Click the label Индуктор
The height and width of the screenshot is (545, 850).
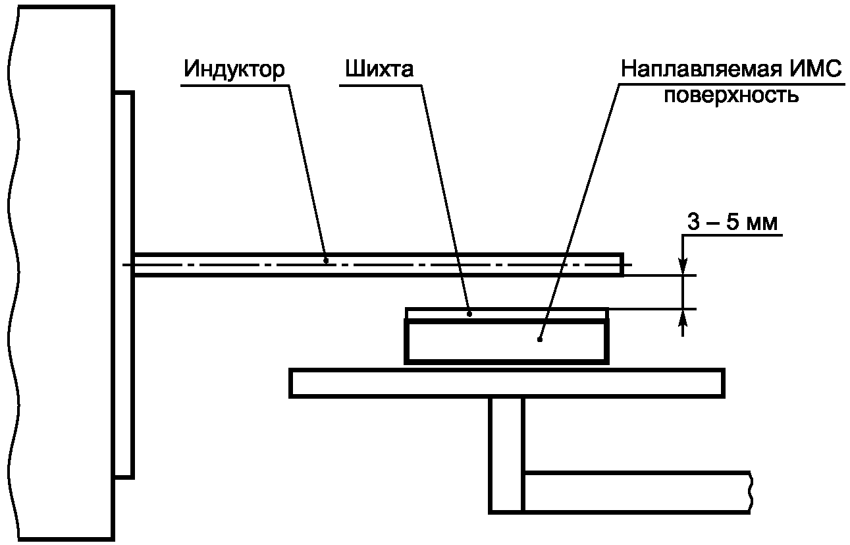pos(234,69)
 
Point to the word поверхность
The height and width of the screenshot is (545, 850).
pos(731,96)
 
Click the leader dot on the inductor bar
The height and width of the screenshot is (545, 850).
pos(327,260)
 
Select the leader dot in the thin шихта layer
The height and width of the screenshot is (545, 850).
pos(469,314)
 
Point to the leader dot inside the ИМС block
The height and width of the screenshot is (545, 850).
pos(539,340)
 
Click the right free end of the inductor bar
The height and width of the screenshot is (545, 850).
pos(621,264)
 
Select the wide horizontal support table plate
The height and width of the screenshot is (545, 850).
pos(506,383)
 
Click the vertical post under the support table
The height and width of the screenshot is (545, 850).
pos(506,455)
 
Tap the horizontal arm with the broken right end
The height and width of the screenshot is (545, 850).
pos(635,492)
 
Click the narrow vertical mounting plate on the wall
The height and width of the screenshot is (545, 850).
pos(124,283)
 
